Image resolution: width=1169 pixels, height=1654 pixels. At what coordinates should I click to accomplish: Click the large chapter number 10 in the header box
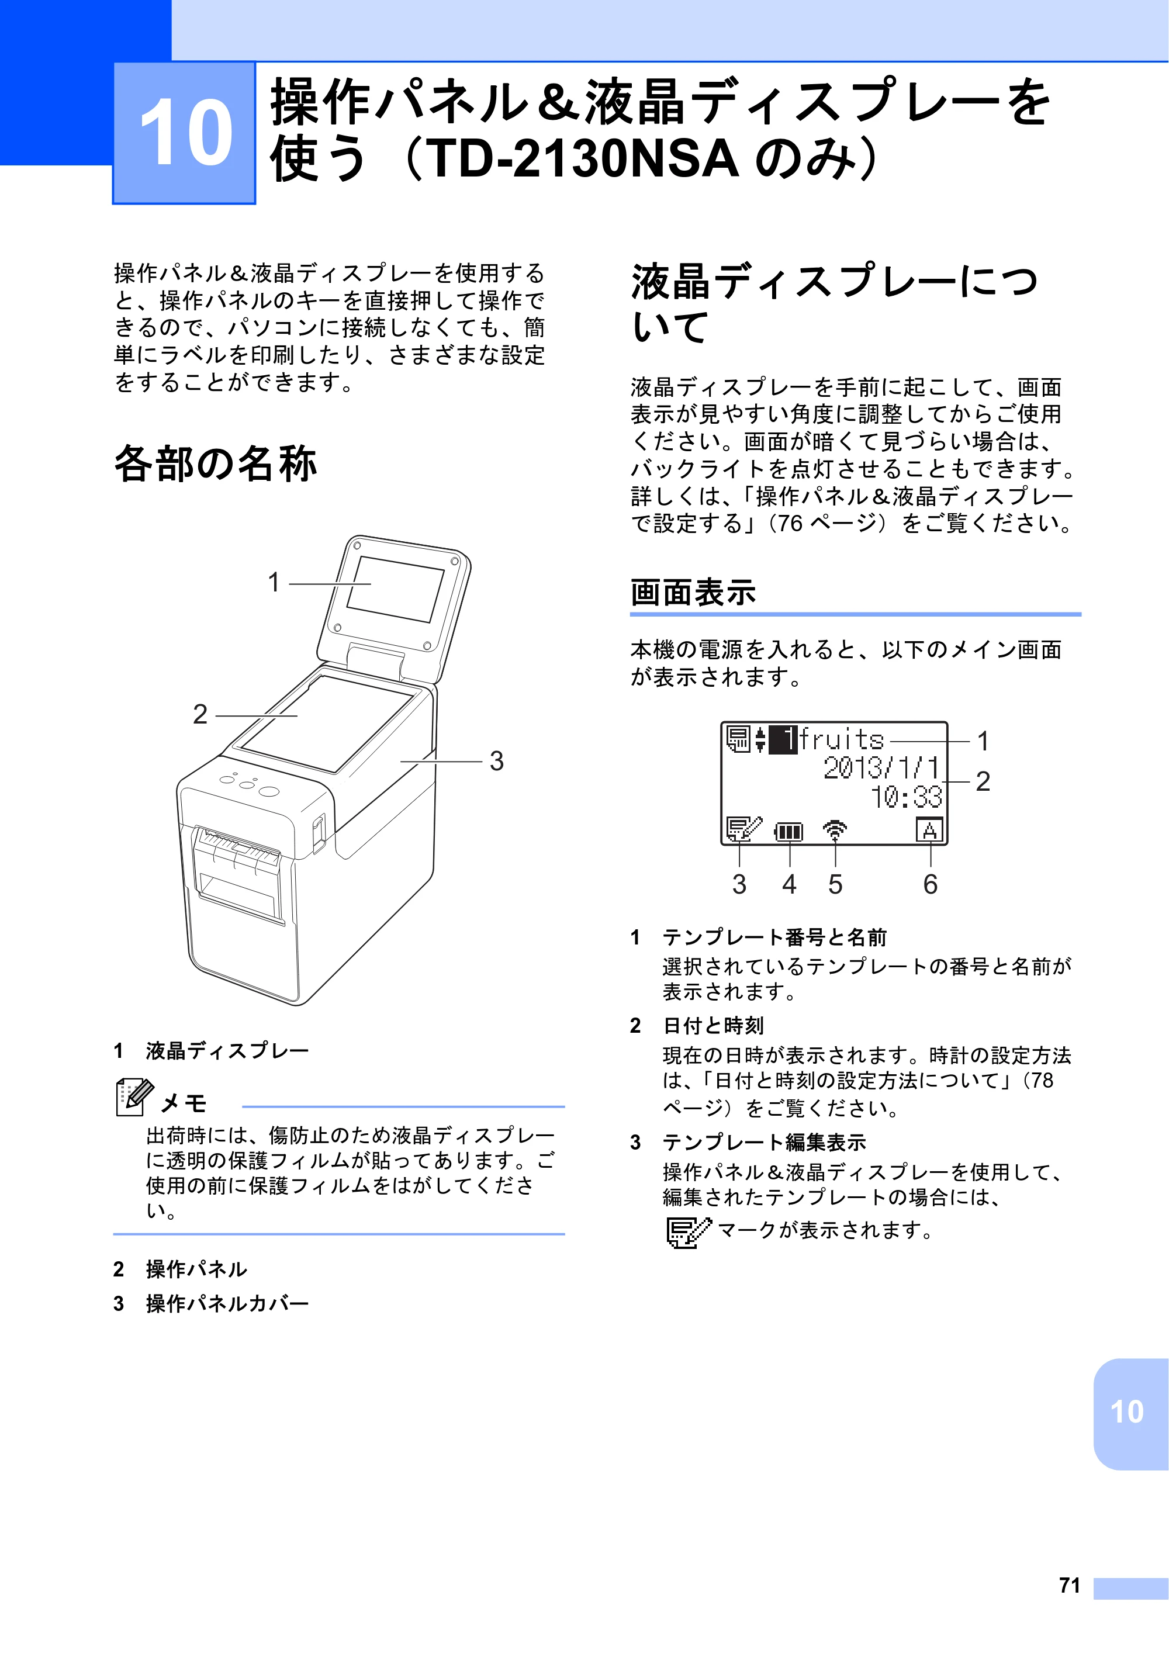(x=186, y=133)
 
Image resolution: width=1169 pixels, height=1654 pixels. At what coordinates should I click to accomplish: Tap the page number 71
(x=1070, y=1585)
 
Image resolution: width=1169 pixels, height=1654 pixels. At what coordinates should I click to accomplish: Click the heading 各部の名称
(x=215, y=463)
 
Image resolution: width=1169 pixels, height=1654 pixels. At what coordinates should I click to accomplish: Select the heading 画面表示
(x=693, y=592)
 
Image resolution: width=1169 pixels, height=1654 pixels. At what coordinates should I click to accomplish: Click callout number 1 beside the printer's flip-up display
(x=274, y=582)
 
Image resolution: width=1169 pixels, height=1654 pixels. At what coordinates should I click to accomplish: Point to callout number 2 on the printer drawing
(x=200, y=714)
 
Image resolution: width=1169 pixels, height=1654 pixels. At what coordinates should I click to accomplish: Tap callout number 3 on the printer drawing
(x=497, y=761)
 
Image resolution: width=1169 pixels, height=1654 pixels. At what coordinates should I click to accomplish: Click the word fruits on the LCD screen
(x=841, y=740)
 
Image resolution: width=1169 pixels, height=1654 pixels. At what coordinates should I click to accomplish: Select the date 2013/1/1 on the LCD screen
(x=881, y=768)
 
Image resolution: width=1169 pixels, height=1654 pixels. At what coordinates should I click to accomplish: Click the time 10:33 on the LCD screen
(x=906, y=797)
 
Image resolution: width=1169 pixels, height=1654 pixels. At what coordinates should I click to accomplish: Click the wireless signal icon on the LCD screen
(x=835, y=831)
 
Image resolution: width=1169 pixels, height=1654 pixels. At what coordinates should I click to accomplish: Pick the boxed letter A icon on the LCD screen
(x=929, y=831)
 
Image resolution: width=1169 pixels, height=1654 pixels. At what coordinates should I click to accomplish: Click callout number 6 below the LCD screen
(x=931, y=885)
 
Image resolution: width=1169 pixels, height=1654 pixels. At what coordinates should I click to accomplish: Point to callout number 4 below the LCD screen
(x=790, y=885)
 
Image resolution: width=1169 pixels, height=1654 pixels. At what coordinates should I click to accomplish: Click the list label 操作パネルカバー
(x=227, y=1303)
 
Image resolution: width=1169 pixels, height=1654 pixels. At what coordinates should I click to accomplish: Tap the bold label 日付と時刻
(x=713, y=1025)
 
